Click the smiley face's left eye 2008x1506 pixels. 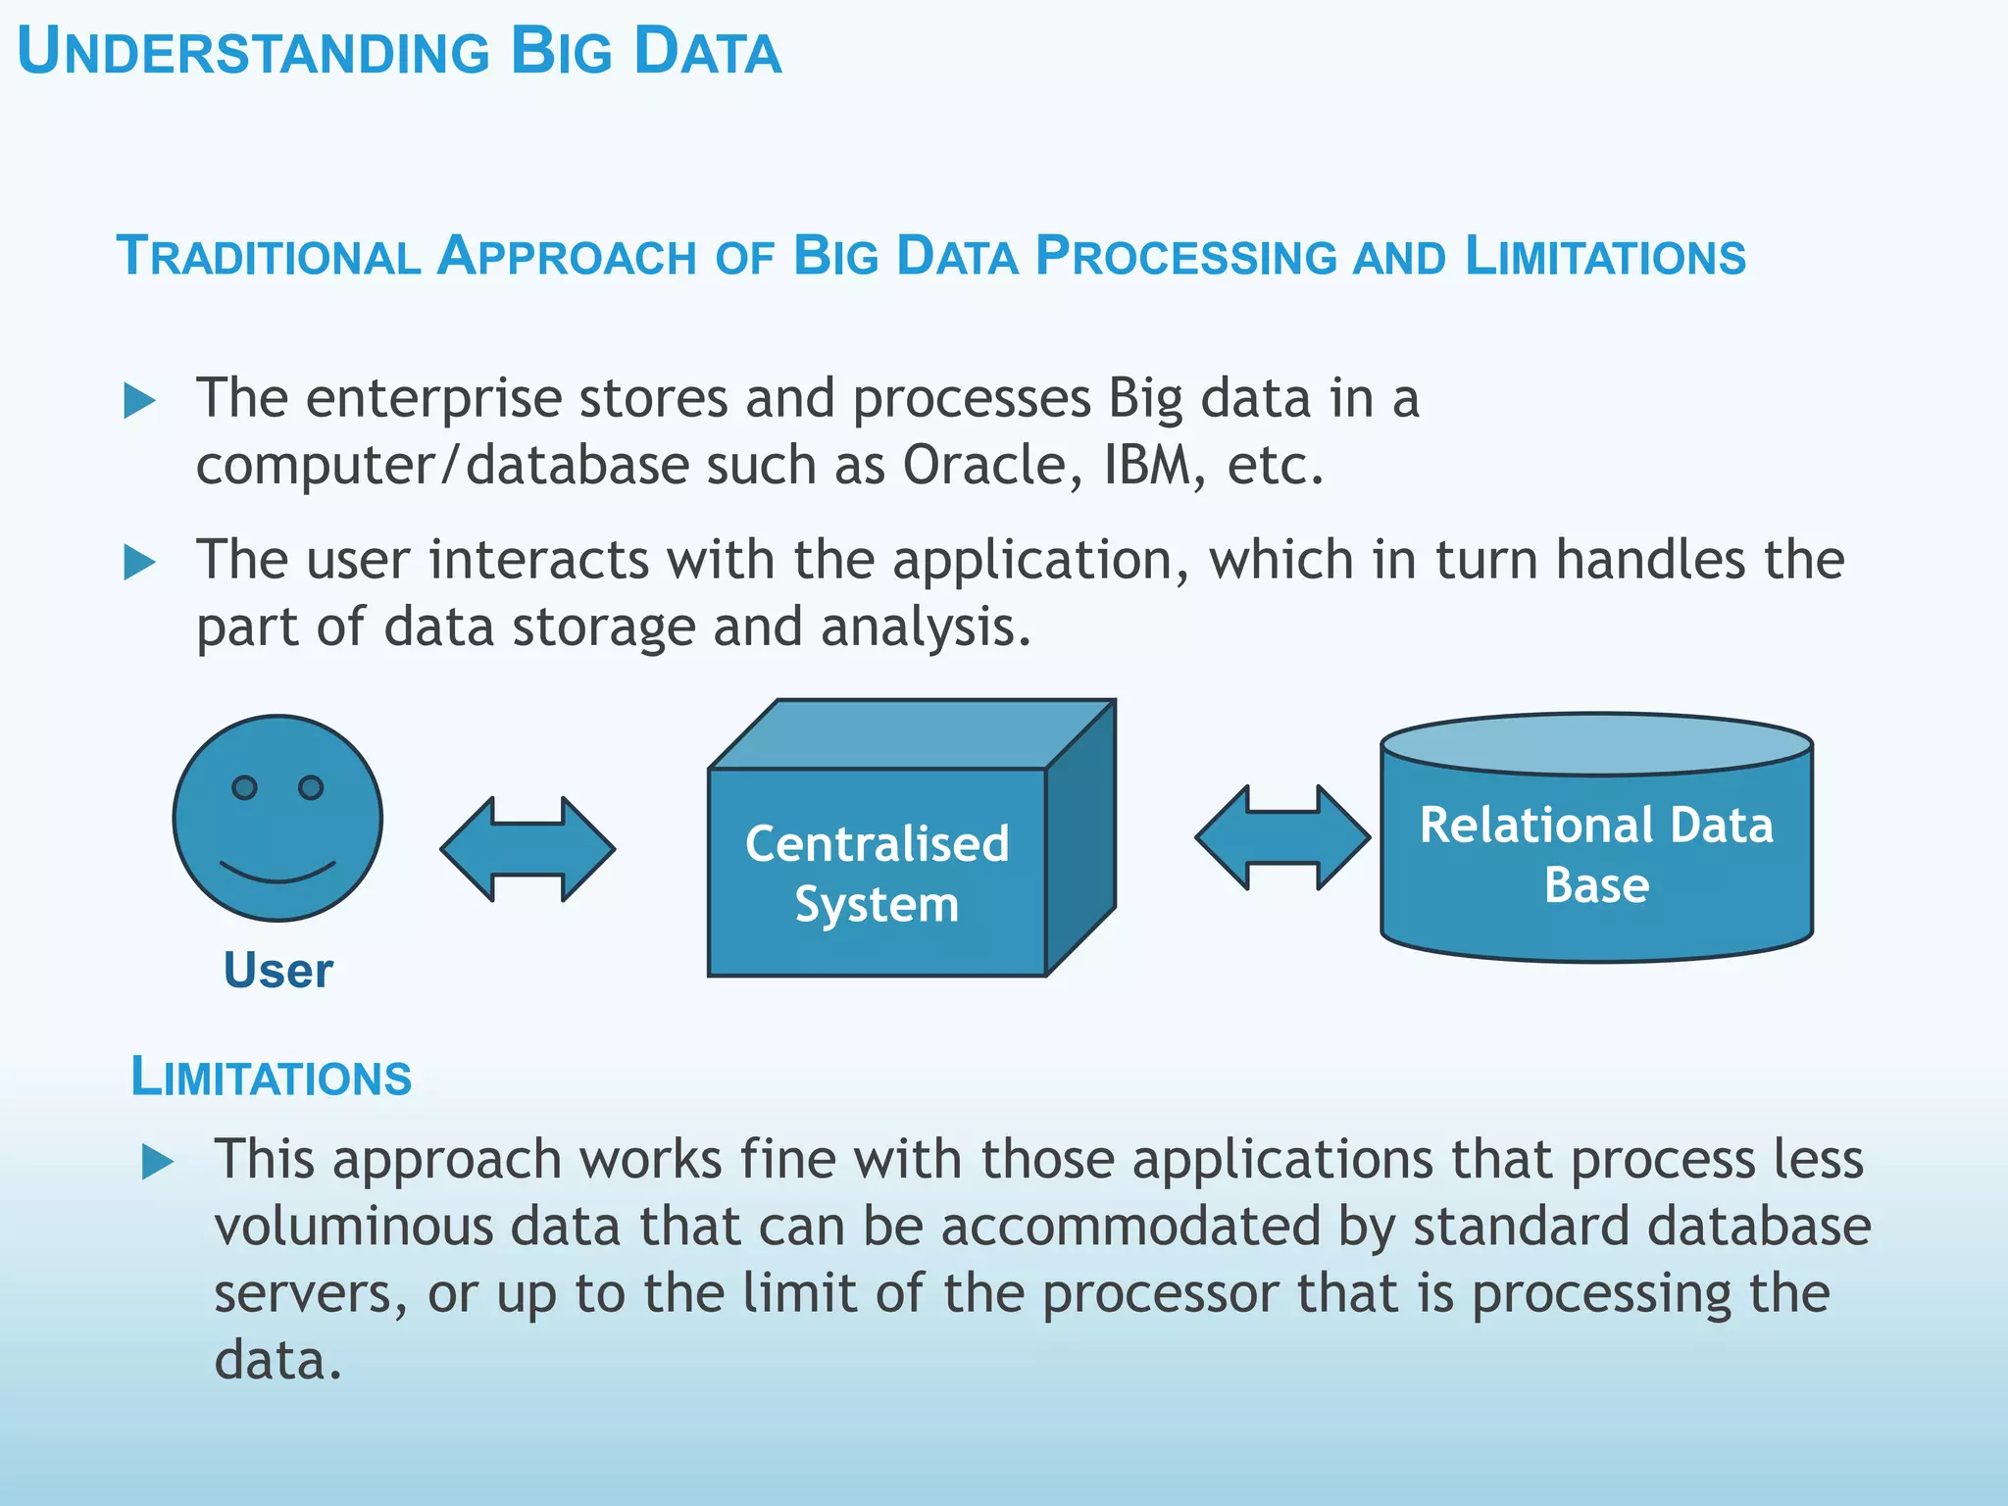[x=244, y=787]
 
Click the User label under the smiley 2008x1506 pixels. [x=278, y=971]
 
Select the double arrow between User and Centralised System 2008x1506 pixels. [x=527, y=849]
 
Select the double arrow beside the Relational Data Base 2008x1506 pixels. [x=1282, y=837]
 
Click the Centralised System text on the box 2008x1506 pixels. [x=877, y=873]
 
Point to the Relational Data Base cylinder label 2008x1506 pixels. [x=1596, y=854]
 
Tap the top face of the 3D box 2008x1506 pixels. [x=912, y=734]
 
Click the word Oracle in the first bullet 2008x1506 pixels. [x=982, y=465]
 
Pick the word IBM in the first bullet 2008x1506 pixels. [x=1147, y=465]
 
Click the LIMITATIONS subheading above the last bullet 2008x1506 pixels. [x=272, y=1078]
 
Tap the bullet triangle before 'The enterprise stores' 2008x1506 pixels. [x=139, y=401]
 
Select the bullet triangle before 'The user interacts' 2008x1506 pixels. [x=139, y=563]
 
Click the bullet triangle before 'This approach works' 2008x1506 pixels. [x=157, y=1163]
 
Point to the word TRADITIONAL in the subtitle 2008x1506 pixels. [x=269, y=257]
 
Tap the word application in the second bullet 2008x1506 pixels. [x=1031, y=561]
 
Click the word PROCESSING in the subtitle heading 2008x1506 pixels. [x=1185, y=257]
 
